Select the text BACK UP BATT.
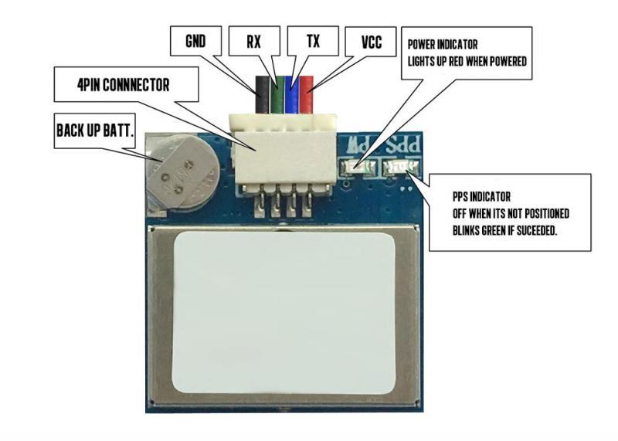(x=95, y=132)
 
